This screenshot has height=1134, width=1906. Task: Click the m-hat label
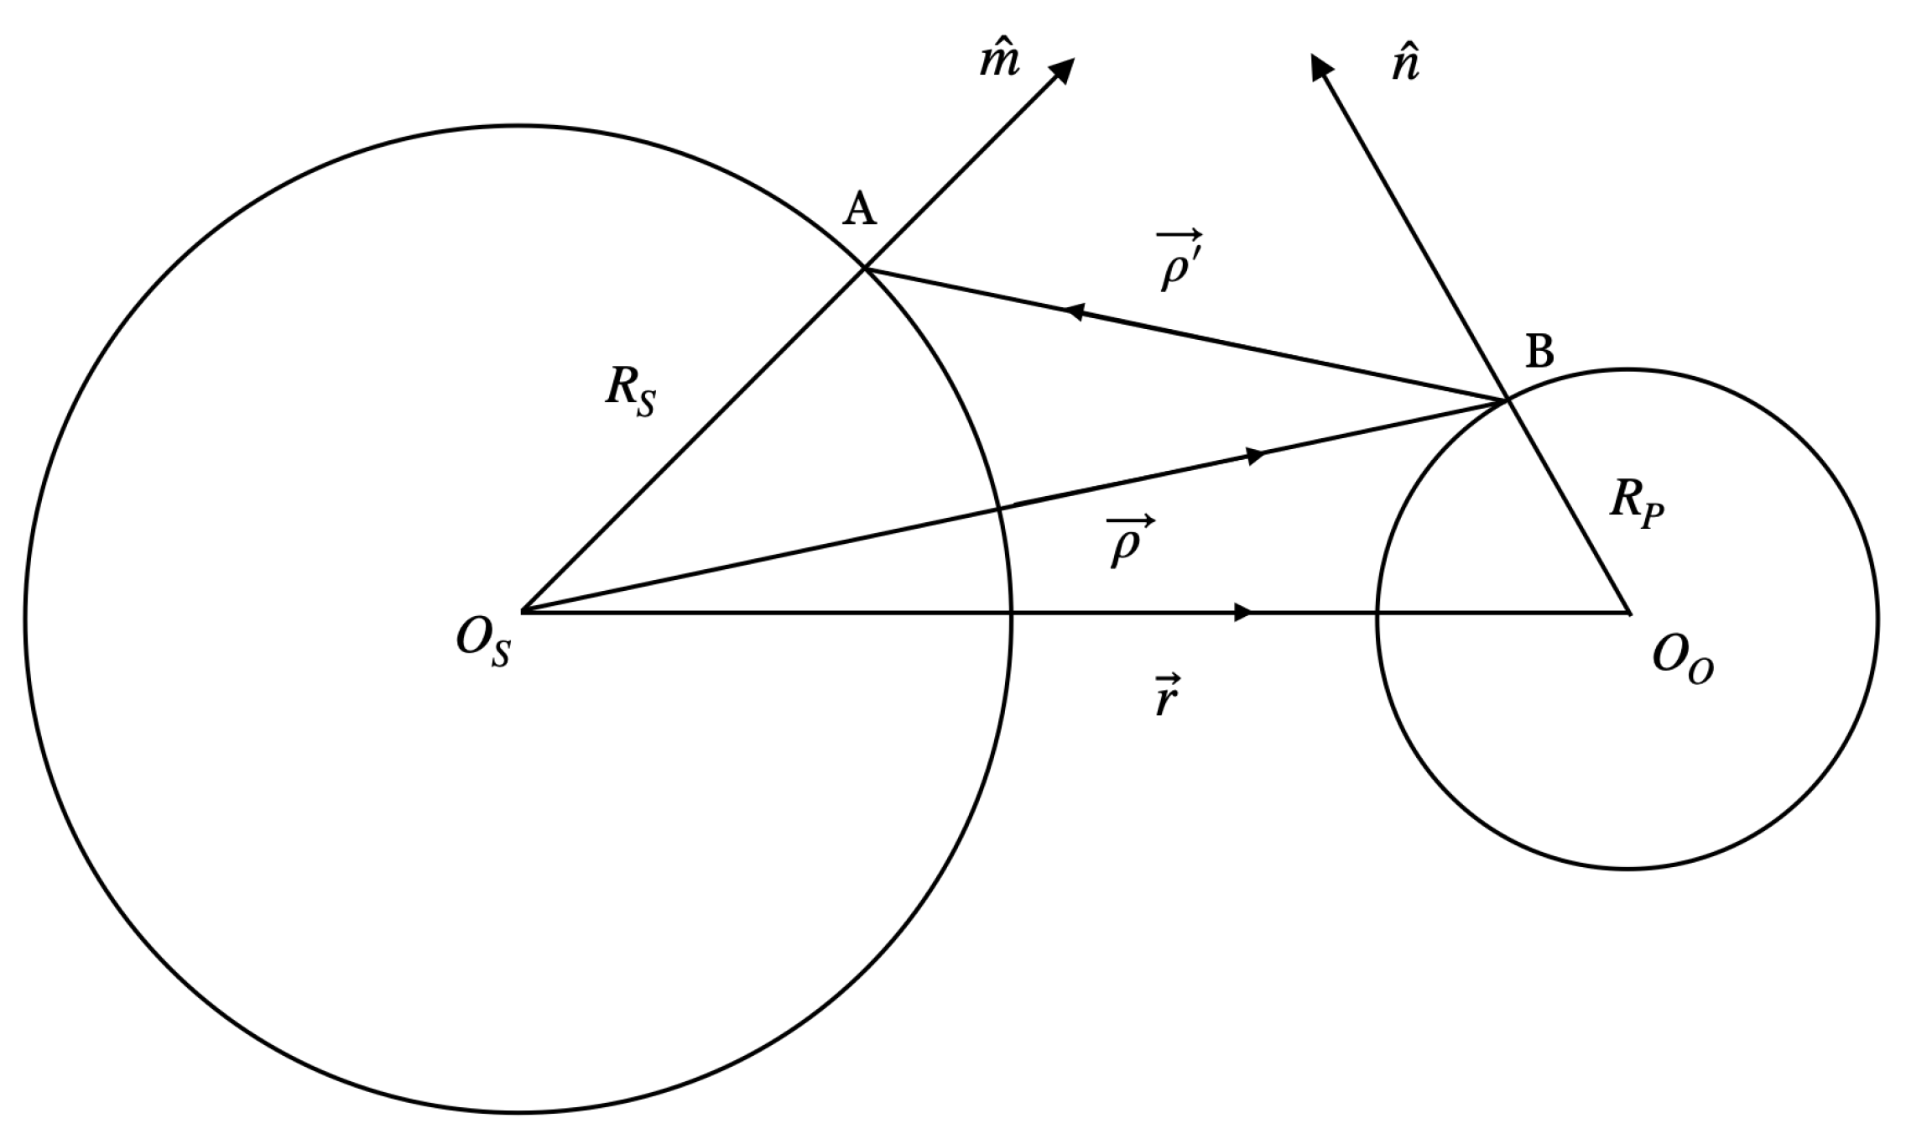999,60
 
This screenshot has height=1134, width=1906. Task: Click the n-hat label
1405,64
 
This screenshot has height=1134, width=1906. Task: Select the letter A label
859,208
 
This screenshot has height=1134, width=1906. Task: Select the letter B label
1539,351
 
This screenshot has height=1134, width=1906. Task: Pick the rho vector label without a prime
1129,541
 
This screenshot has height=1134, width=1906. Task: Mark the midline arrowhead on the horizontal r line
1244,612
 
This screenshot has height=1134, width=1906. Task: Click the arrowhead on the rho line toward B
1255,456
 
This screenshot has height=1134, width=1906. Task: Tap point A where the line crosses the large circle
865,268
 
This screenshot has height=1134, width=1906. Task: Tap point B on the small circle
1508,400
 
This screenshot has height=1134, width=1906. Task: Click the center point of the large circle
522,611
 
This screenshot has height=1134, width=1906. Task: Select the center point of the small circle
1628,613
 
